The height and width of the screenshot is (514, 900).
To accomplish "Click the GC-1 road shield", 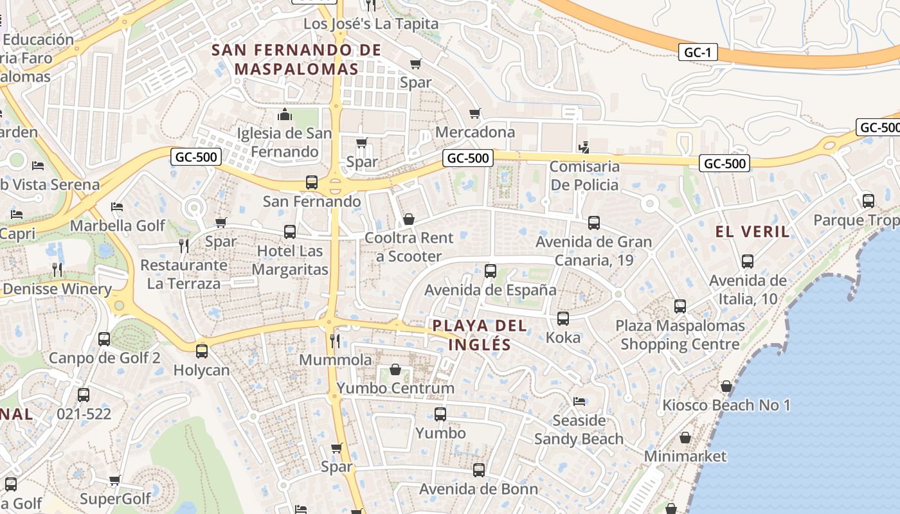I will click(697, 52).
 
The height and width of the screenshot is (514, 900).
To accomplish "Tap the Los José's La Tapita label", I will click(371, 24).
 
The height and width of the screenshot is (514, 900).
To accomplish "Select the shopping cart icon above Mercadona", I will click(475, 114).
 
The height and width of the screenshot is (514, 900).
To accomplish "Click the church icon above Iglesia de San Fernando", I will click(284, 115).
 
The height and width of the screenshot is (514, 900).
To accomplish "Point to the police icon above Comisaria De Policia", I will click(584, 148).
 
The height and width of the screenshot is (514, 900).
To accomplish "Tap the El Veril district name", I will click(753, 232).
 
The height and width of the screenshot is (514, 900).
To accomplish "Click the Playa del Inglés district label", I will click(480, 335).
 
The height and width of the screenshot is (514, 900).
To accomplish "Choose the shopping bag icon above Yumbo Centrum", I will click(395, 370).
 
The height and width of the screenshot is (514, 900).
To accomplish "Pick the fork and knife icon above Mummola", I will click(334, 341).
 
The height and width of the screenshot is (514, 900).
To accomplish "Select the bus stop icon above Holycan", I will click(202, 351).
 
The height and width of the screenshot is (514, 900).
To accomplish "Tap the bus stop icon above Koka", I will click(563, 319).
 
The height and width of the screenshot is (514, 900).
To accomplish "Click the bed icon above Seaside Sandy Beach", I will click(579, 402).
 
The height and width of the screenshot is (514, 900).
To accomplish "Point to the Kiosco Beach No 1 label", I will click(726, 405).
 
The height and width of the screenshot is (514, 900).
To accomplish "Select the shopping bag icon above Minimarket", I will click(685, 438).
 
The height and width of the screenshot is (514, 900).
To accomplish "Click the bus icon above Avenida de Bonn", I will click(479, 470).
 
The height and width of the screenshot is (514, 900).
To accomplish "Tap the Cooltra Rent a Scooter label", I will click(409, 247).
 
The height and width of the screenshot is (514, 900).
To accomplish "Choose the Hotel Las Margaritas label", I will click(290, 260).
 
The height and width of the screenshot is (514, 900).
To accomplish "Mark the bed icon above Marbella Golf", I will click(117, 207).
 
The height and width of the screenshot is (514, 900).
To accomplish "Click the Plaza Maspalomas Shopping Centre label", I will click(680, 335).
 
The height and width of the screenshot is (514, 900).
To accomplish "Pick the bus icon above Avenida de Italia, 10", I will click(748, 261).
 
